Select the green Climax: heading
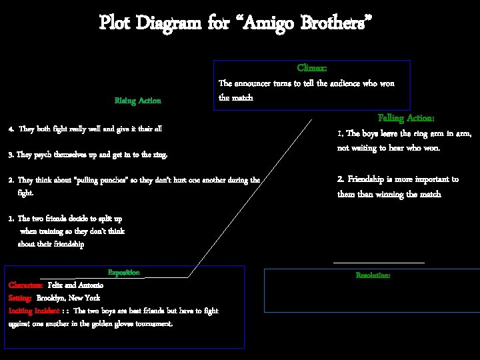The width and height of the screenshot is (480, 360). (x=311, y=68)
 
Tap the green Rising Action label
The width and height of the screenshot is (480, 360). (x=138, y=101)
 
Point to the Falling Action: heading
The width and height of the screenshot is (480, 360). (x=406, y=118)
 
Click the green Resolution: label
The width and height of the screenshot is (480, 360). (x=373, y=275)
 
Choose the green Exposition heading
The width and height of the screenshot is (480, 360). (x=124, y=273)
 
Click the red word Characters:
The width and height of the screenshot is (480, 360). (x=26, y=285)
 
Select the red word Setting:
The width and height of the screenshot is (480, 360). (x=20, y=298)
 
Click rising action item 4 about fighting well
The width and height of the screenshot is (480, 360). (x=85, y=129)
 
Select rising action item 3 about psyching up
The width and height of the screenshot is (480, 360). (x=87, y=155)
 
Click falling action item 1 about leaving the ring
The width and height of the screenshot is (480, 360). (x=404, y=141)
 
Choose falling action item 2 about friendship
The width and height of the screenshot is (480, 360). (x=398, y=187)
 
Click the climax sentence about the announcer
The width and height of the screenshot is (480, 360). (x=306, y=90)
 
